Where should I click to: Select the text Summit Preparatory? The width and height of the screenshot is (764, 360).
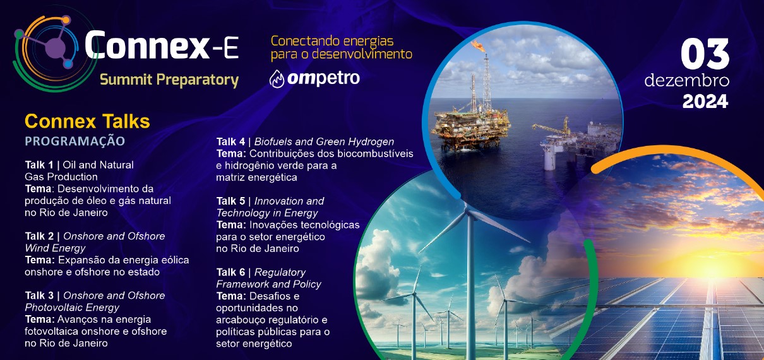coord(169,80)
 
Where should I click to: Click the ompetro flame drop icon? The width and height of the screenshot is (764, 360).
coord(277,79)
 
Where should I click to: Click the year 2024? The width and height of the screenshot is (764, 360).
coord(705,100)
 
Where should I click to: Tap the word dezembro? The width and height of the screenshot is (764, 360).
coord(687,82)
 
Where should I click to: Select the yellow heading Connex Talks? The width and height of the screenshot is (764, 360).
coord(87,121)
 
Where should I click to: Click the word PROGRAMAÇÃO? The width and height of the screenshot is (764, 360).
coord(75,140)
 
